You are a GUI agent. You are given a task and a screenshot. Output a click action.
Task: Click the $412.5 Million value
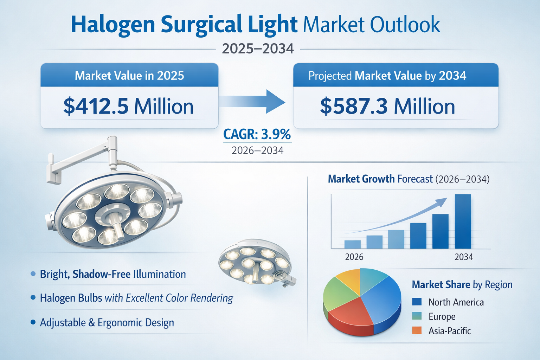(128, 106)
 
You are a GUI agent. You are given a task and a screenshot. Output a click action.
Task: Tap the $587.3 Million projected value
(387, 106)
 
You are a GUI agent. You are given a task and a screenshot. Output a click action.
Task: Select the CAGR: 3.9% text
(257, 134)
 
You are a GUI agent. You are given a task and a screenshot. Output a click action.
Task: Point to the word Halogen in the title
(113, 25)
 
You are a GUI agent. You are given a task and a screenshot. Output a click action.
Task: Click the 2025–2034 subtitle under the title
(258, 49)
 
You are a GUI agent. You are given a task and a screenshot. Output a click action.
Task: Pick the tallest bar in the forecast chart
(463, 221)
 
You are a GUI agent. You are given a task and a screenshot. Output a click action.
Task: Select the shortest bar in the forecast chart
(353, 244)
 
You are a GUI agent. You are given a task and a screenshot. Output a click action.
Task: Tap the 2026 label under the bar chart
(354, 257)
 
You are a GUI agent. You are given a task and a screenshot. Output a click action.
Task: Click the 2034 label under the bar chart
(463, 257)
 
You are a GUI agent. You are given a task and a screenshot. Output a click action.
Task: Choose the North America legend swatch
(417, 302)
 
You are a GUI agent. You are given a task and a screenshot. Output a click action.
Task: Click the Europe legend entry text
(442, 316)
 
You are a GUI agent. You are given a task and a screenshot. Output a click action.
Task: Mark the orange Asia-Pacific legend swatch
(417, 330)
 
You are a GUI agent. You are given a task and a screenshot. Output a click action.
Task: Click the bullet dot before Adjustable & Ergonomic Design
(33, 322)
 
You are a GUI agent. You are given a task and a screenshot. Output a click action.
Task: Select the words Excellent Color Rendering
(179, 298)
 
